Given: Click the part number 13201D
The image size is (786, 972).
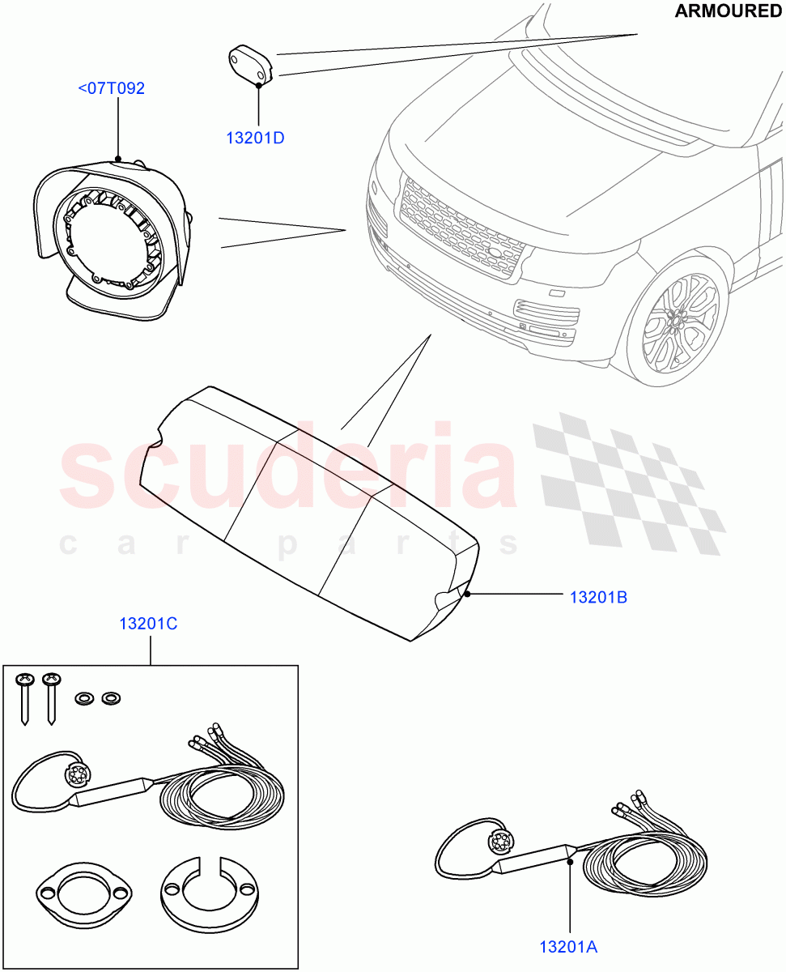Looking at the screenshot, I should pos(254,138).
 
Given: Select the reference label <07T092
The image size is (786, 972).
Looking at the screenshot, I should pos(111,88).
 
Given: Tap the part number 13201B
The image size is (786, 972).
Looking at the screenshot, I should pos(598,598).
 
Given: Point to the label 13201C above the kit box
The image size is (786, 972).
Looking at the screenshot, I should pos(148,624).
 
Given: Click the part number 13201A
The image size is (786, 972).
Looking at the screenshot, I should pos(569,946).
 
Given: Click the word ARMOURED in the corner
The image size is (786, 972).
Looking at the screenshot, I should pos(728,11).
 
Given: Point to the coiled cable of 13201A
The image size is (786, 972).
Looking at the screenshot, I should pos(648,859).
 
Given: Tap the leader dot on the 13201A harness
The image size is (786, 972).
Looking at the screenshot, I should pos(570,861).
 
